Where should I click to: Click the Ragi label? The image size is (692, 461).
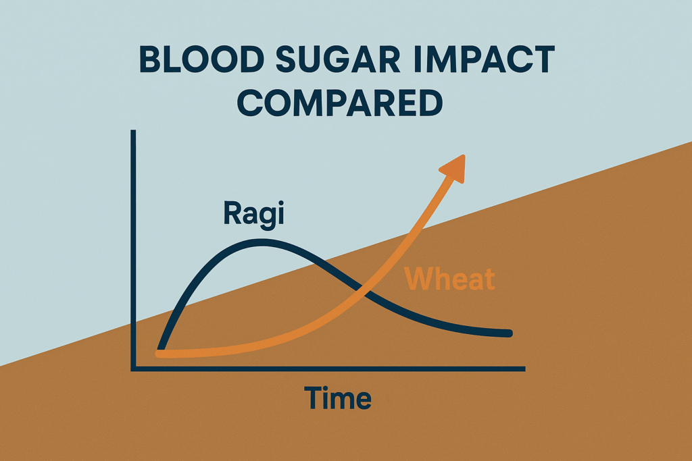coord(253,215)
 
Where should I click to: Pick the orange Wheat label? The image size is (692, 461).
coord(449,279)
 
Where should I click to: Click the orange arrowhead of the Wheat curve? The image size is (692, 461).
coord(454,167)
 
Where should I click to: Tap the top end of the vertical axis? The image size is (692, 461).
coord(134,132)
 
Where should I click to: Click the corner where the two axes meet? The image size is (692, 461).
coord(134,369)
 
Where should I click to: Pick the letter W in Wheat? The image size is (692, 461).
coord(419,279)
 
